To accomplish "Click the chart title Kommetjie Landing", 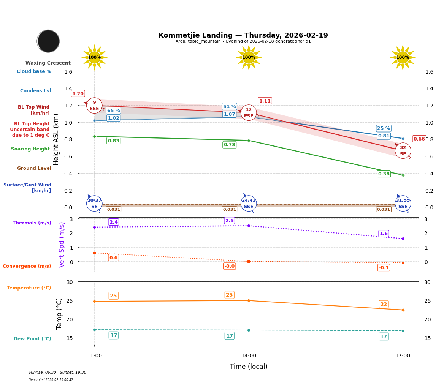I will click(243, 35).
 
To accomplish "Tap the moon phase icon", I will click(48, 41).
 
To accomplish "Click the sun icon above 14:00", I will click(249, 57).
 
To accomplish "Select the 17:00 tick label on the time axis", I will click(403, 356).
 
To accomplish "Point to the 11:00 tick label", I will click(94, 356).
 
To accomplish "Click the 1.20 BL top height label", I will click(78, 94).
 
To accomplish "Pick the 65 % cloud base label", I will click(113, 111).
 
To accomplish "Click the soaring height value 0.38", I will click(384, 174).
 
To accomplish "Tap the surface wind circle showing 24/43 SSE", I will click(249, 204).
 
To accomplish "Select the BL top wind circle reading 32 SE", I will click(403, 151).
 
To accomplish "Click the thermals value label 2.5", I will click(230, 221).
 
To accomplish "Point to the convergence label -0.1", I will click(384, 268).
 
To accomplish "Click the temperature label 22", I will click(384, 304).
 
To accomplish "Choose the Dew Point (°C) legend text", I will click(32, 339).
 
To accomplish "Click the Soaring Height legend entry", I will click(30, 149).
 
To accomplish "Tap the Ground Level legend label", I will click(34, 168).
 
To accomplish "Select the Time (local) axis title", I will click(249, 367).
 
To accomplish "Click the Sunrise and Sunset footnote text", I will click(57, 373).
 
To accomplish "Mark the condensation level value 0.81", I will click(384, 136).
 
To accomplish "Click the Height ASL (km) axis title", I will click(56, 139).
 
